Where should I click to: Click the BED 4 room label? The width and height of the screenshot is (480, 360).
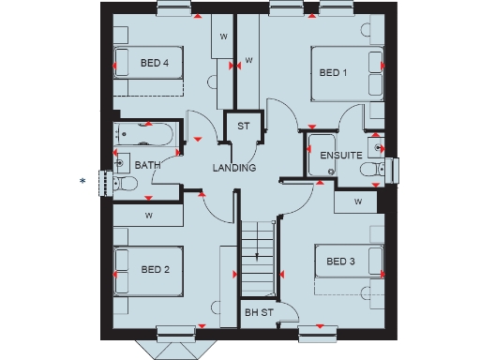pyautogui.click(x=155, y=64)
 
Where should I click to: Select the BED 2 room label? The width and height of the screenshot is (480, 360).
pyautogui.click(x=155, y=270)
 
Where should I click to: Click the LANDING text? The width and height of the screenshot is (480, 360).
pyautogui.click(x=234, y=168)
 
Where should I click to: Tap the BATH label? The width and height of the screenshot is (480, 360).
pyautogui.click(x=148, y=165)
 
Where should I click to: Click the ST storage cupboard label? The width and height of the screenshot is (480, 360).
pyautogui.click(x=243, y=127)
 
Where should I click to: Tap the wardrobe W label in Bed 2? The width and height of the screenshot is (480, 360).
pyautogui.click(x=147, y=215)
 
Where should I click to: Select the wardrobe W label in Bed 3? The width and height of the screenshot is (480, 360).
pyautogui.click(x=358, y=200)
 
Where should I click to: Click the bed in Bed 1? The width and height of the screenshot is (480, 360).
pyautogui.click(x=347, y=72)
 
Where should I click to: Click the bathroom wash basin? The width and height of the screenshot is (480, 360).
pyautogui.click(x=120, y=164)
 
